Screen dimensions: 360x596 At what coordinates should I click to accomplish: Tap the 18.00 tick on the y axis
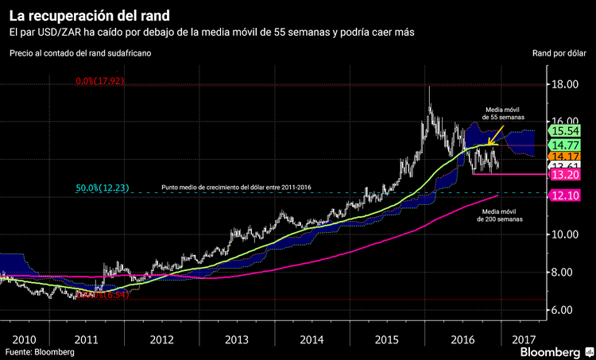click(x=566, y=84)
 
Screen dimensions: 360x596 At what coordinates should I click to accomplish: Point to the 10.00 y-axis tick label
click(x=566, y=234)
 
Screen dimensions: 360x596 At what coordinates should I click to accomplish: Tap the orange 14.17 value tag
click(x=565, y=157)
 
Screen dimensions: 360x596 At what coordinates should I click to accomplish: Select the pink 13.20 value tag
click(x=565, y=175)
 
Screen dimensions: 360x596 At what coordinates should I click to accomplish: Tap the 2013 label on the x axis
click(x=236, y=339)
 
